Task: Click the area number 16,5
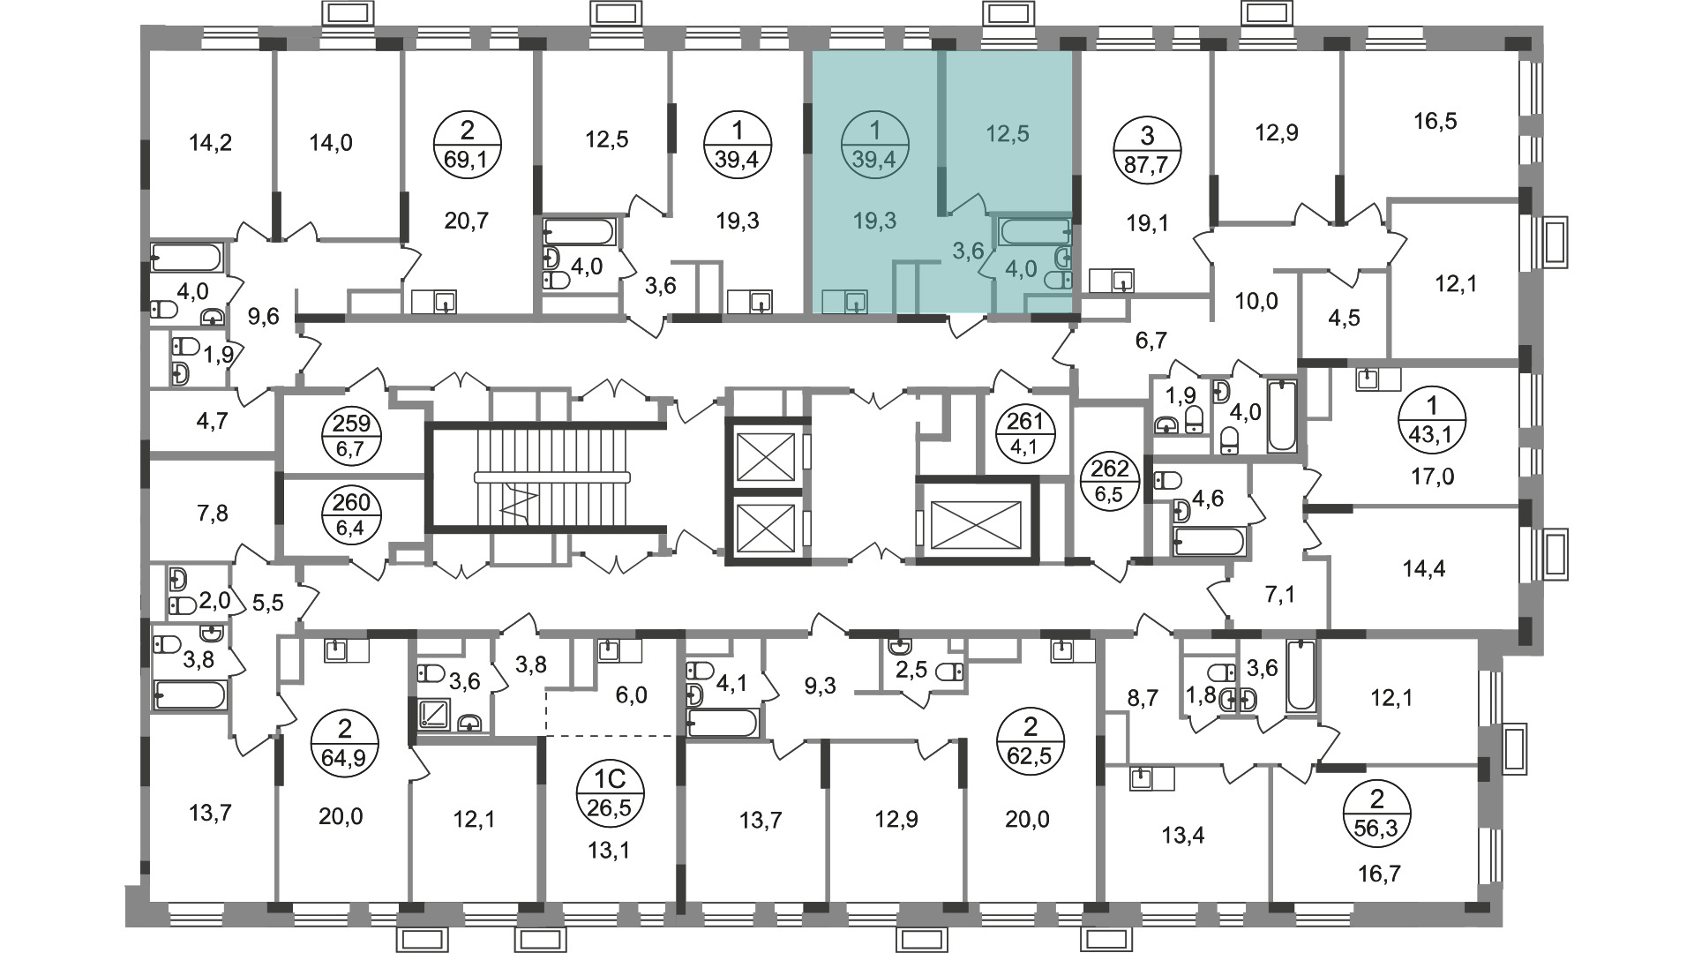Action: (x=1435, y=121)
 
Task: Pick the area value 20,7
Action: (x=466, y=221)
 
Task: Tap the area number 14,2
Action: (x=211, y=142)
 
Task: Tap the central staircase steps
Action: (x=547, y=477)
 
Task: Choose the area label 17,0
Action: (x=1432, y=477)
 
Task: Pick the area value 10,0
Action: (x=1256, y=302)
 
